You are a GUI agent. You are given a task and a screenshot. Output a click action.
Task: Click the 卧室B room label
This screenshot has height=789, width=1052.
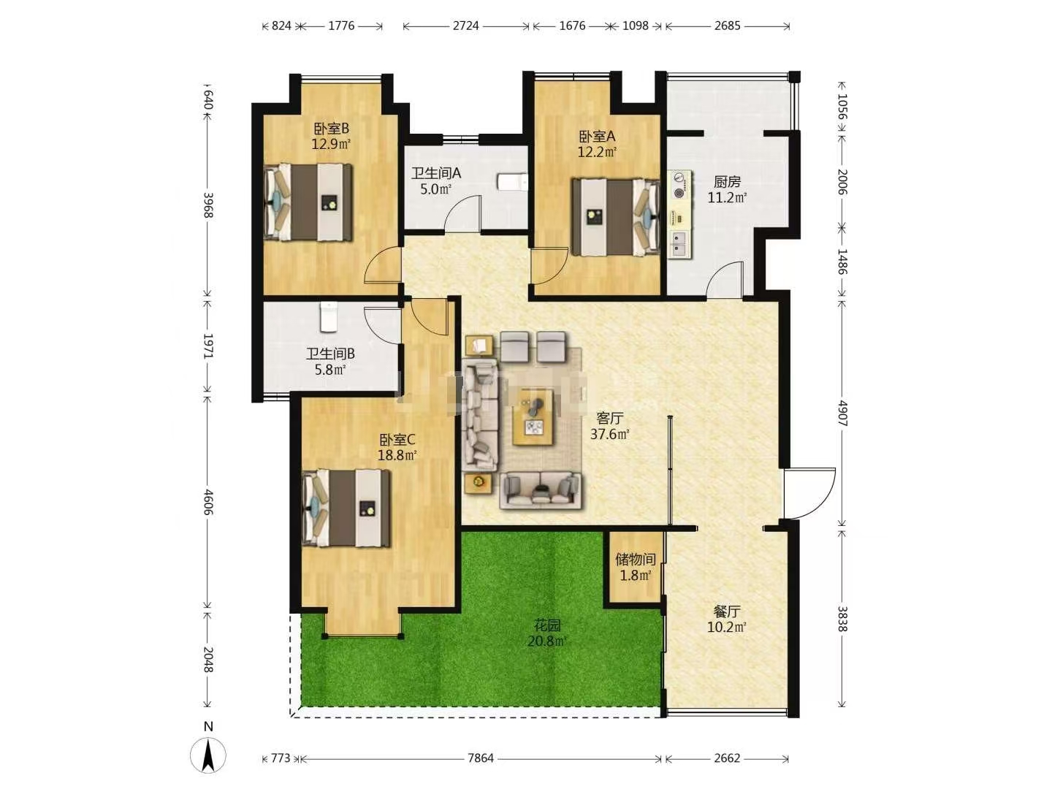tap(331, 129)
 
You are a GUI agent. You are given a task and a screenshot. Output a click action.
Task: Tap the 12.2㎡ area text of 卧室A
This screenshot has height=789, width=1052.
tap(597, 153)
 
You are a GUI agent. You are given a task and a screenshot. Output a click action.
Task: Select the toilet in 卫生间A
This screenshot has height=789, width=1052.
tap(512, 182)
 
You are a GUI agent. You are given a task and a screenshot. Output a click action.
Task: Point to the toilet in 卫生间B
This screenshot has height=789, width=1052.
tap(329, 316)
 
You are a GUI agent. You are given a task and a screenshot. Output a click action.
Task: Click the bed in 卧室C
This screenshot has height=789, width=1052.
tap(346, 508)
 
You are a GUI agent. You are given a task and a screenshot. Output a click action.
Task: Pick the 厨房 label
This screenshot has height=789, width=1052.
tap(727, 182)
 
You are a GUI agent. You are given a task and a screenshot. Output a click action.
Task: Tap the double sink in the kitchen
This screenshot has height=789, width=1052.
tap(681, 243)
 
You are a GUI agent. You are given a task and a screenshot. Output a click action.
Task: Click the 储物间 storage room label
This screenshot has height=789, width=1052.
tap(636, 559)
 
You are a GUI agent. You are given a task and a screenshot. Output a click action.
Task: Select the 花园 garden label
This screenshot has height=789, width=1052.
tap(547, 625)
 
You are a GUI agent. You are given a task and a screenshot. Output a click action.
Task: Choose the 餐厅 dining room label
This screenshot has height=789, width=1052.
tap(727, 611)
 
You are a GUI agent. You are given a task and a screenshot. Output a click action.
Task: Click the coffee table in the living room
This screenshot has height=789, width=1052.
tap(532, 416)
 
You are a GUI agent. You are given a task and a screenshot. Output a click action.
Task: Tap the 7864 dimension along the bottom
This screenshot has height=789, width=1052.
tap(480, 758)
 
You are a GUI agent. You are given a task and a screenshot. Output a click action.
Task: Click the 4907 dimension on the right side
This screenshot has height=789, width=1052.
tap(842, 413)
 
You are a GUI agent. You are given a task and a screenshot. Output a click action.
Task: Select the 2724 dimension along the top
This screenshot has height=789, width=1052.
tap(465, 26)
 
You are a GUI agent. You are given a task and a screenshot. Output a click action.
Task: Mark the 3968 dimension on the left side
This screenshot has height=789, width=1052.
tap(208, 205)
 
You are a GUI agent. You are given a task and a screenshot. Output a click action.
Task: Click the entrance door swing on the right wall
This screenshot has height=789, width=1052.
tap(810, 493)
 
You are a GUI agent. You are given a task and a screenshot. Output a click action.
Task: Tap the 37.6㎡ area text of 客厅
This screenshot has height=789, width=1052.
tap(609, 435)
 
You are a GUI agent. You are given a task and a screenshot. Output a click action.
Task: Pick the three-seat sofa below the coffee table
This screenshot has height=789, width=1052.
tap(540, 490)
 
